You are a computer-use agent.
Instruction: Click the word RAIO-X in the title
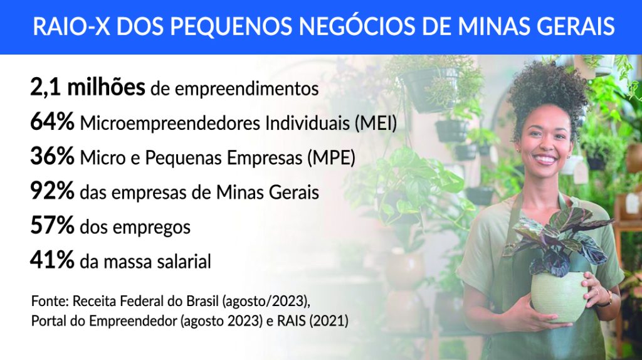[x=71, y=26]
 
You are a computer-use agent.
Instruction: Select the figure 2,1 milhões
[x=88, y=87]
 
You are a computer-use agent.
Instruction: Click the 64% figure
[x=53, y=122]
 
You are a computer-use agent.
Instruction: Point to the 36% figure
[x=53, y=156]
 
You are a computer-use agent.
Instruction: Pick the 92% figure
[x=53, y=191]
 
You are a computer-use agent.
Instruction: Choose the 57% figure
[x=53, y=226]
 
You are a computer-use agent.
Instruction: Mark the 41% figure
[x=53, y=260]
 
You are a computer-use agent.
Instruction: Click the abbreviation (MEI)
[x=376, y=124]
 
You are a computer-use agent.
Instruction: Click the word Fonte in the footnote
[x=50, y=301]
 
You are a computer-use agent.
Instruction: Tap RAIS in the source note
[x=292, y=320]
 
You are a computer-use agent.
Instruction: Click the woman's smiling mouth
[x=545, y=159]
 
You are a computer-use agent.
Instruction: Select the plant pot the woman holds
[x=559, y=295]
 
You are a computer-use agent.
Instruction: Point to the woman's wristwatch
[x=606, y=299]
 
